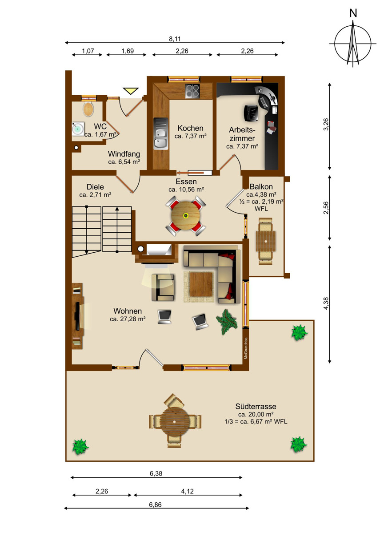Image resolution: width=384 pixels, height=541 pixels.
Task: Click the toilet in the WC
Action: point(88,109)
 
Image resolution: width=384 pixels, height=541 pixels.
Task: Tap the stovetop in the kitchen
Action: point(192,91)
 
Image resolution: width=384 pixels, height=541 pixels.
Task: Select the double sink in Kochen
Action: point(161,133)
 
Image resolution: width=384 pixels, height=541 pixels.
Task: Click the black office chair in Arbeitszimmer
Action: point(252,113)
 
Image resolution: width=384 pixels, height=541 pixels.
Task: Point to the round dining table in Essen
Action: point(185,215)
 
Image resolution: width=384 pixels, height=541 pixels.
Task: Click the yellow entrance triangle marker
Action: point(131,91)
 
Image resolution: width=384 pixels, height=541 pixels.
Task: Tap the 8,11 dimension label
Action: point(175,39)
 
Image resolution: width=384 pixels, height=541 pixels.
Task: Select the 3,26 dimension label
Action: point(326,125)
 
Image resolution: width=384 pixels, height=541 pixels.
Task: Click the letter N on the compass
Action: point(353,13)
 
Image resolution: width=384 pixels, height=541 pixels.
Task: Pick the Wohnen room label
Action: point(128,311)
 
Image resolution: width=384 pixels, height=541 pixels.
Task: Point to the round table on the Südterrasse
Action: point(175,422)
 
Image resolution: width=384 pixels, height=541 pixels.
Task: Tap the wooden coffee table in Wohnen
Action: point(201,284)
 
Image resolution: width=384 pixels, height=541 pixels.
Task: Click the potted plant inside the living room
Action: point(227,322)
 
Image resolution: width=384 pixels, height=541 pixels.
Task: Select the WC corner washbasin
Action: point(78,129)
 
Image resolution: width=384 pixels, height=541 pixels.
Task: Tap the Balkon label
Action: point(261,187)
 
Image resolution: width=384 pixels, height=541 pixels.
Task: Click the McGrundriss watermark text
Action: point(246,348)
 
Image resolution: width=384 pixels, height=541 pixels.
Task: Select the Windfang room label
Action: point(124,153)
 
